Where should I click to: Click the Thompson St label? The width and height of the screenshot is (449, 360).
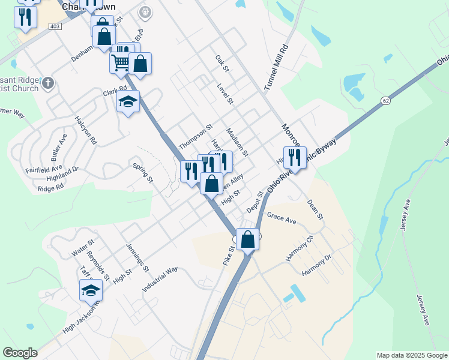196,137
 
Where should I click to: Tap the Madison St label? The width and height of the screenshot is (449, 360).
237,142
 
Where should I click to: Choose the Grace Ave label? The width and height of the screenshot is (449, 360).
282,218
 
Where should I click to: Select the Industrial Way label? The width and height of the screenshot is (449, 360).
160,280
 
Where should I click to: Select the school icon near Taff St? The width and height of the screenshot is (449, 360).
91,290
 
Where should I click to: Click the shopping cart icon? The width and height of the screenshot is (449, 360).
120,62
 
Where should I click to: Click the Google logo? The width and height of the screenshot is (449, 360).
20,353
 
